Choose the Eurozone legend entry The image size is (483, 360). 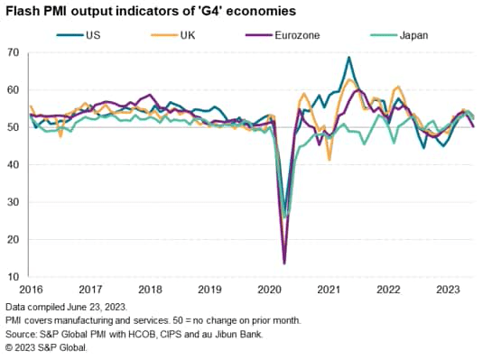[297, 35]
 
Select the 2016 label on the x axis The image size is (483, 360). [32, 291]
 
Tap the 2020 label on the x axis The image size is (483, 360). [268, 291]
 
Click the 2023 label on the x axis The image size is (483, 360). [445, 291]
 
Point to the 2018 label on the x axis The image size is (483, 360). [150, 291]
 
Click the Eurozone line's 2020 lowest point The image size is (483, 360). [285, 263]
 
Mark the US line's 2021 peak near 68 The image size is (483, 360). [348, 58]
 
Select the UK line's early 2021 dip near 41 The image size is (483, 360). [330, 159]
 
